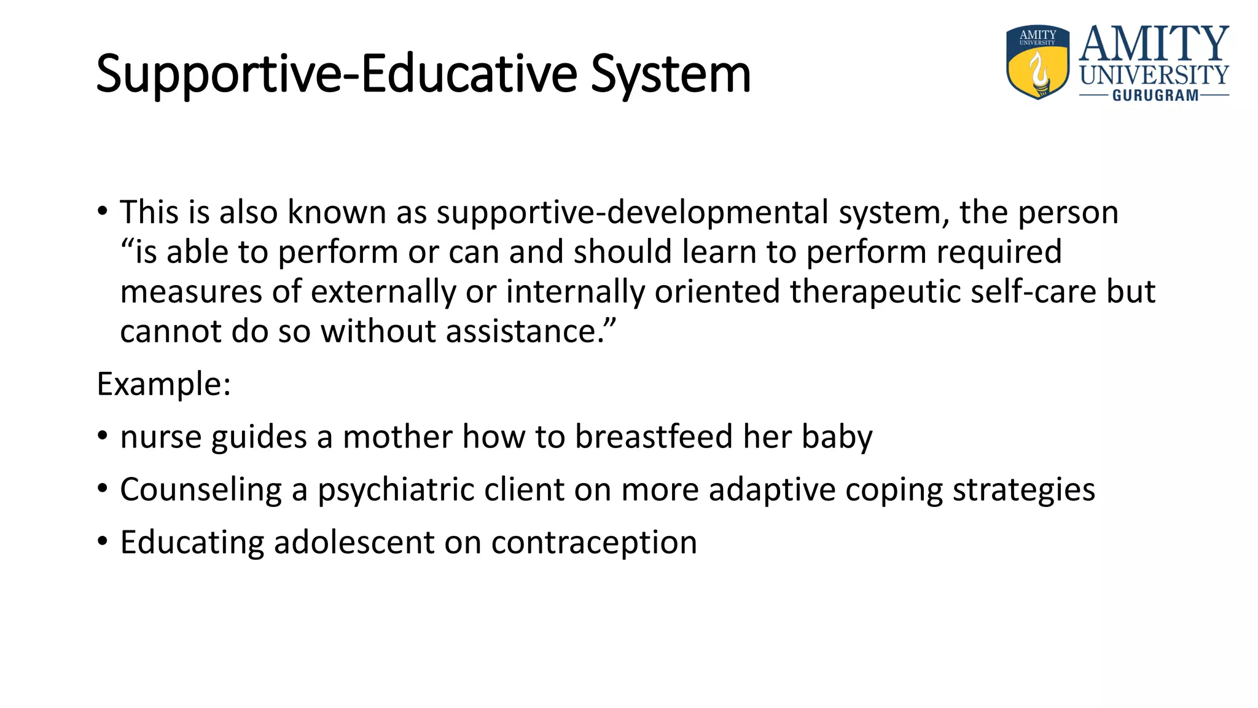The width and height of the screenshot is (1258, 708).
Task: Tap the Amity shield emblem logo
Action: [1038, 62]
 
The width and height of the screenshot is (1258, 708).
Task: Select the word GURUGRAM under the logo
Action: [1155, 95]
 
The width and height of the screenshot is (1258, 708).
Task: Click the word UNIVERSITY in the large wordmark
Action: [1154, 76]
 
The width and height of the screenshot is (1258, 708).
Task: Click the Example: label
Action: [164, 384]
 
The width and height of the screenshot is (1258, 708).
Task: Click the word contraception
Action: [594, 543]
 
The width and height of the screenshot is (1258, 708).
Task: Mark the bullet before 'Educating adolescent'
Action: [103, 541]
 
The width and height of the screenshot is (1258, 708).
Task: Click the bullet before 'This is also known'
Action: [103, 211]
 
